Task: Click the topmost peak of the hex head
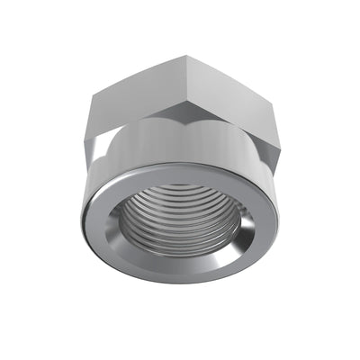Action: tap(179, 56)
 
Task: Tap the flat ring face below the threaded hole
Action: tap(180, 270)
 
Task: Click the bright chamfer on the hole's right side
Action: tap(241, 229)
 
